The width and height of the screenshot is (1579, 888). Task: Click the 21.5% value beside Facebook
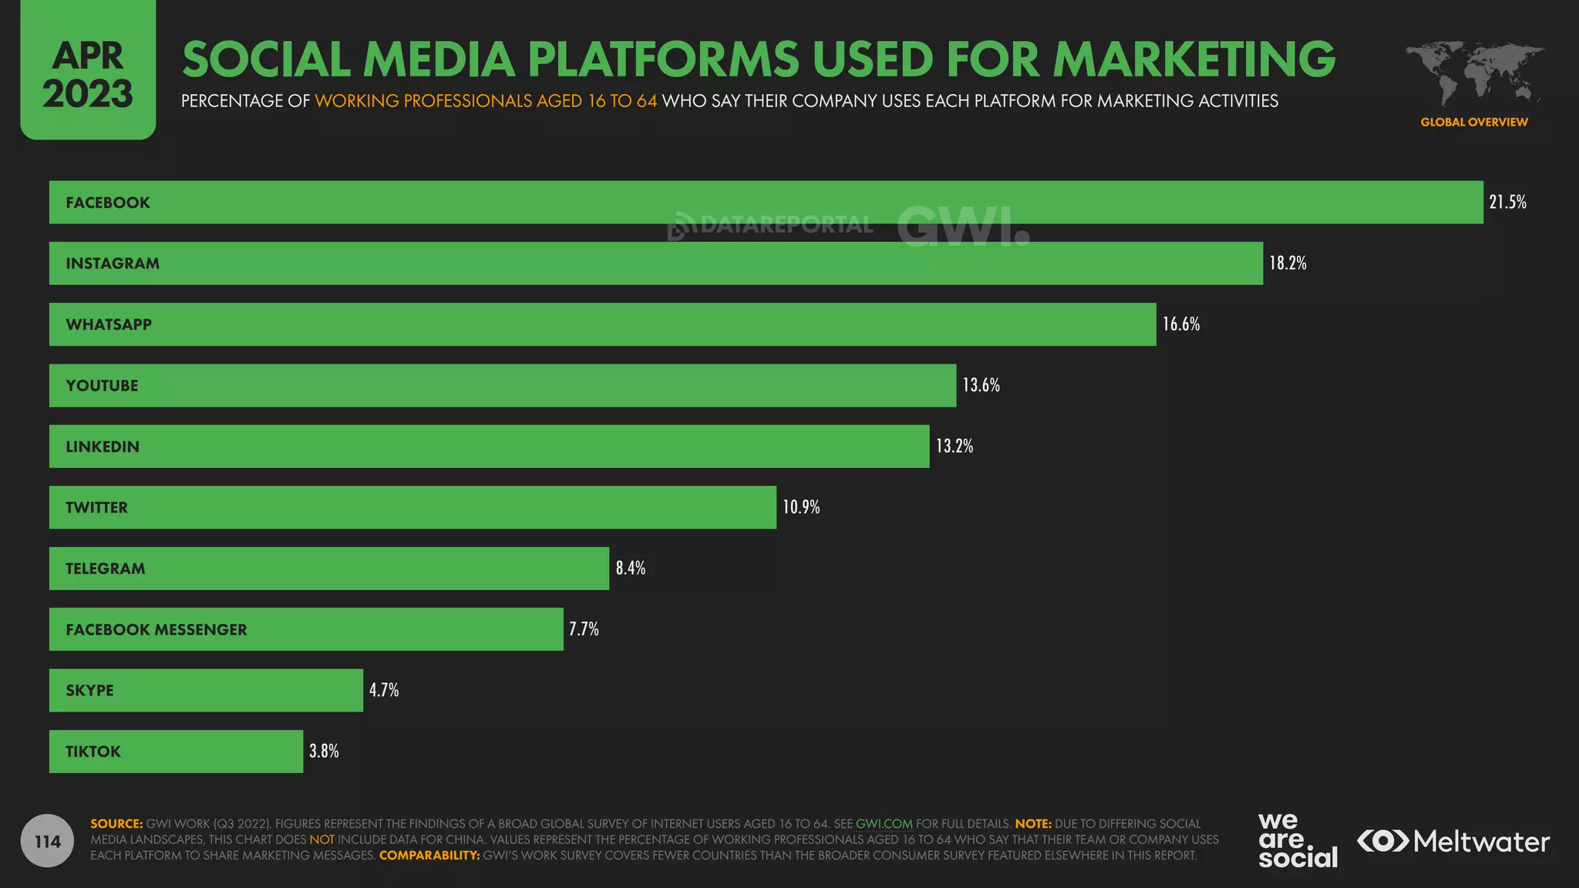click(x=1507, y=202)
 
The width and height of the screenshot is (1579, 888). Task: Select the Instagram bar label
click(x=113, y=264)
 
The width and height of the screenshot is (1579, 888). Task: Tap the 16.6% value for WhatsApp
click(x=1180, y=324)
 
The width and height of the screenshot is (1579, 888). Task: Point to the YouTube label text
click(x=102, y=385)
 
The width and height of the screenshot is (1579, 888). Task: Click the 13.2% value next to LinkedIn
click(x=954, y=446)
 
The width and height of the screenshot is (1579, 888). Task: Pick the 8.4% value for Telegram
click(x=630, y=568)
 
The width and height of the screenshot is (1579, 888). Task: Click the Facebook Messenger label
click(x=157, y=630)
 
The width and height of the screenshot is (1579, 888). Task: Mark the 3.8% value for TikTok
click(x=324, y=751)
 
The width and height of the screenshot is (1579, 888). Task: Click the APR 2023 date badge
click(x=88, y=75)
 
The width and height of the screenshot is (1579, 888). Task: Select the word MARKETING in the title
click(x=1194, y=59)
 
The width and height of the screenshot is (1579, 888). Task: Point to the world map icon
click(x=1473, y=74)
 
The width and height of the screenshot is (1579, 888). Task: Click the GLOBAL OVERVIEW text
click(x=1473, y=122)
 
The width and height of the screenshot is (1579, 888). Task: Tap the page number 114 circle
click(x=47, y=841)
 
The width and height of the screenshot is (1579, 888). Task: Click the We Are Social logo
click(x=1297, y=840)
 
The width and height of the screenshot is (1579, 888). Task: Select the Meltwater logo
click(x=1453, y=841)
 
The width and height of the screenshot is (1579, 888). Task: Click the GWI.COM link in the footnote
click(x=884, y=823)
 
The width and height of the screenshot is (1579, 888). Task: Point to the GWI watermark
click(x=962, y=226)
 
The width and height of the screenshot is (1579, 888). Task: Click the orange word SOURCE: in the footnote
click(x=116, y=823)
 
